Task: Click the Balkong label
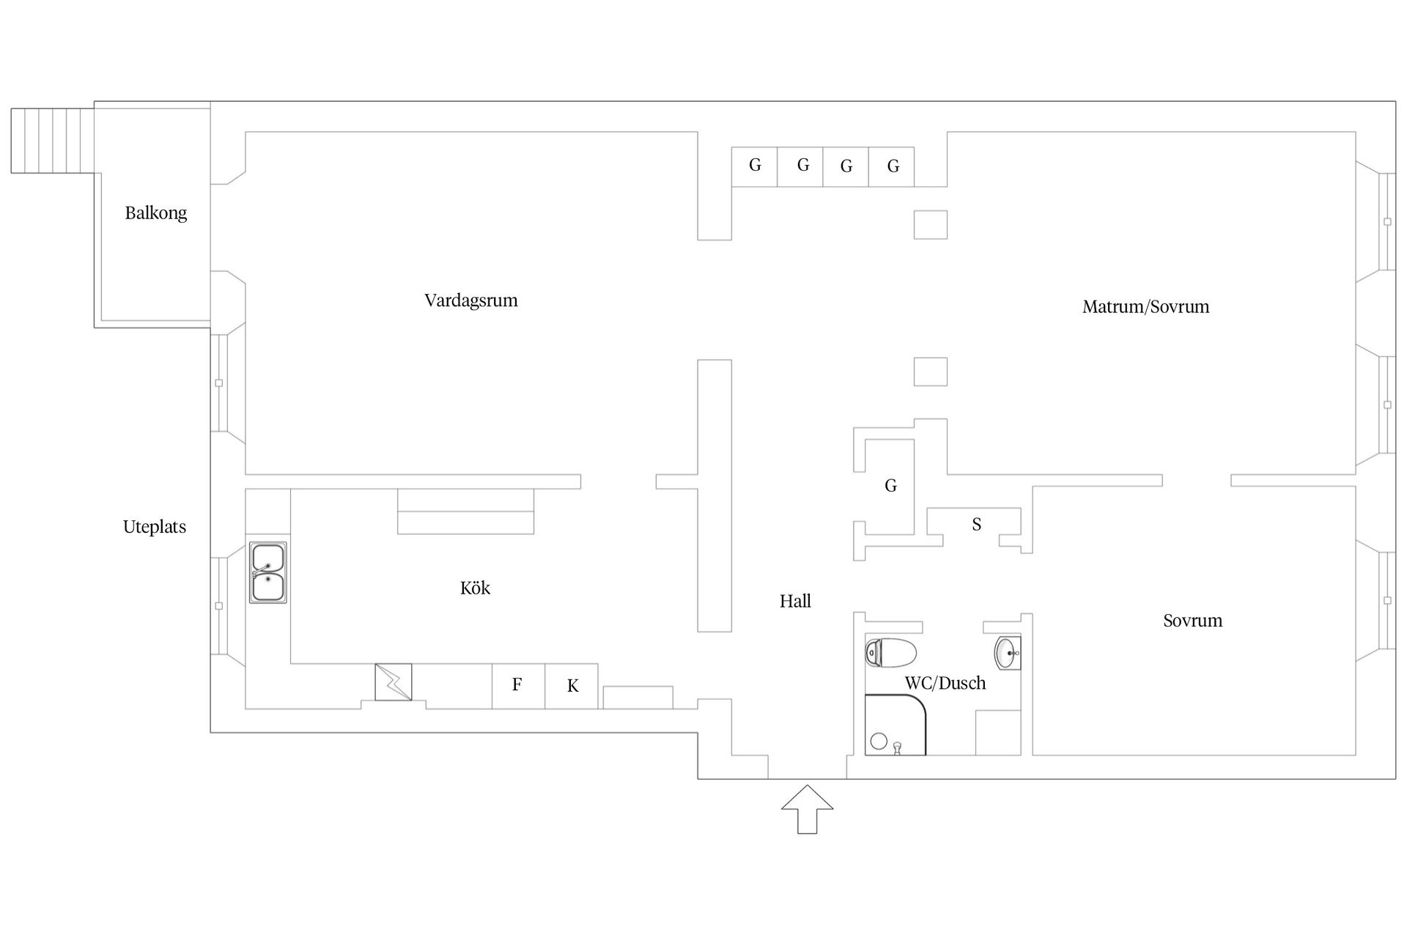point(155,213)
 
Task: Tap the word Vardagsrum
point(471,300)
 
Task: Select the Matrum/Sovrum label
point(1145,307)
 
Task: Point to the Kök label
point(475,588)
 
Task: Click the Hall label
point(795,602)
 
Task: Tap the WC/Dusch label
point(945,683)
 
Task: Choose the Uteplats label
point(155,527)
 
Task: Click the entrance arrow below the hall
point(807,809)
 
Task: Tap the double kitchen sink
point(268,572)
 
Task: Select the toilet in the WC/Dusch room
point(890,652)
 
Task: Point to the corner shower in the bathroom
point(895,725)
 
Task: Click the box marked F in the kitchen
point(518,686)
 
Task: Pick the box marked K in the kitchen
point(572,686)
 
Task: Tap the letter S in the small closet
point(976,525)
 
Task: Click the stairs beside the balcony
point(53,141)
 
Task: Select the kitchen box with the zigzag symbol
point(394,682)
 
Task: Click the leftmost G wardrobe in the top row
point(755,166)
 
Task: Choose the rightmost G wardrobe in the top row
point(892,166)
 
